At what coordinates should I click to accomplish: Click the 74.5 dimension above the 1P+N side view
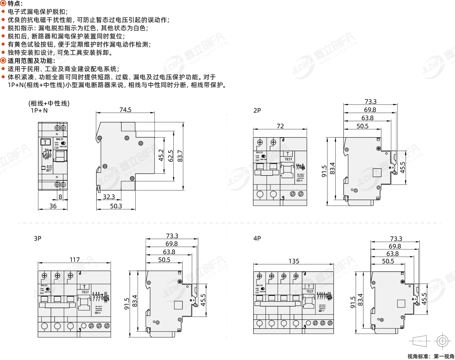click(x=125, y=110)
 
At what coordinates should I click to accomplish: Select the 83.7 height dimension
click(x=180, y=156)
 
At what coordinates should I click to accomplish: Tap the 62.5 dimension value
click(x=171, y=156)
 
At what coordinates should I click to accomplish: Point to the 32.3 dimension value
click(x=109, y=197)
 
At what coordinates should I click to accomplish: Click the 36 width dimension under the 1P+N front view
click(x=53, y=206)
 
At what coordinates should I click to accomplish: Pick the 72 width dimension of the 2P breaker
click(x=280, y=126)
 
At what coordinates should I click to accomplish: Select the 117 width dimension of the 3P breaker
click(x=75, y=260)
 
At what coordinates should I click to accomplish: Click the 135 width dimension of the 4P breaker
click(x=294, y=261)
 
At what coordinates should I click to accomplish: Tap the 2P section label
click(x=257, y=111)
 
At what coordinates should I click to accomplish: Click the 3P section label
click(x=38, y=238)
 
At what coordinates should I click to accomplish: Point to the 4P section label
click(x=257, y=238)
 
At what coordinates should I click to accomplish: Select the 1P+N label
click(x=39, y=111)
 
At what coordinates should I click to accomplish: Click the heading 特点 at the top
click(x=15, y=4)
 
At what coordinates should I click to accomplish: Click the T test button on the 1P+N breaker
click(x=45, y=143)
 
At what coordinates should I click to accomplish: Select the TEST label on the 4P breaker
click(x=310, y=291)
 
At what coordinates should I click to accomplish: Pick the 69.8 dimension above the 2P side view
click(x=370, y=110)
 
